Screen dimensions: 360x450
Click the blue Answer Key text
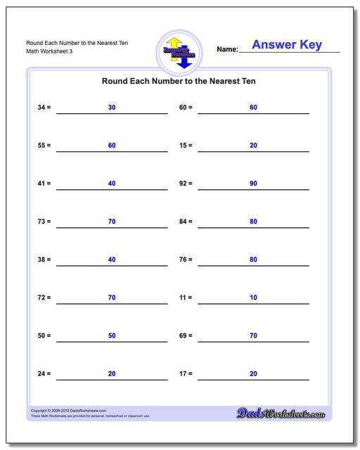coord(286,45)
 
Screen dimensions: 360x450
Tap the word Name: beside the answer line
coord(227,50)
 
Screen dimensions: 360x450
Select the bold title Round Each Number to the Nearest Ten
coord(179,82)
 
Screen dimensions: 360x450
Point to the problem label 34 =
coord(44,107)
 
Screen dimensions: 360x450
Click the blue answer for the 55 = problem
coord(112,145)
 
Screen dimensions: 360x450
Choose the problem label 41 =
coord(44,183)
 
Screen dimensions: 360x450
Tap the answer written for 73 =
coord(112,221)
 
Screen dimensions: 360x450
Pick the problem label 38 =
coord(44,259)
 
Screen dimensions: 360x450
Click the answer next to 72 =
coord(112,297)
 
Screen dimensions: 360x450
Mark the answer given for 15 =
coord(253,145)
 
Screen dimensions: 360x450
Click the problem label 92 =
coord(186,183)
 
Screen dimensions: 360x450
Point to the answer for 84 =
coord(253,221)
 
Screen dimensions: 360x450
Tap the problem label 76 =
coord(186,259)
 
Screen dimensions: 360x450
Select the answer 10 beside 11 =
coord(253,297)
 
